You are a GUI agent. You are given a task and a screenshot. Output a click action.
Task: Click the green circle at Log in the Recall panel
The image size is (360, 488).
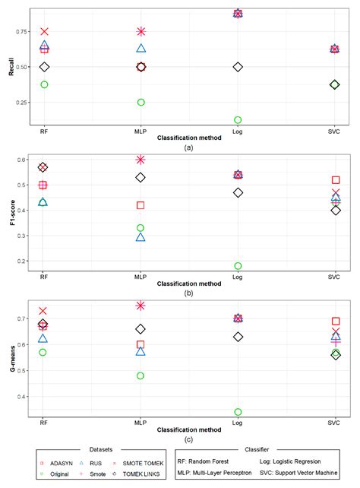pyautogui.click(x=238, y=120)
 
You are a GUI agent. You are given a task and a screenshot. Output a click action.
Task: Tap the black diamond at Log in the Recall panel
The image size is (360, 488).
pyautogui.click(x=238, y=67)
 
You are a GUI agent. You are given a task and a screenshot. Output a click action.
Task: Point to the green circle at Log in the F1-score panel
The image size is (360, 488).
pyautogui.click(x=238, y=266)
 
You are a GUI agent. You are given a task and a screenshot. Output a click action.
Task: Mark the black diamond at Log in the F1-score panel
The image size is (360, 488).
pyautogui.click(x=238, y=193)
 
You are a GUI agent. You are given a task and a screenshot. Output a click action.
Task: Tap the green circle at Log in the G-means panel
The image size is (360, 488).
pyautogui.click(x=238, y=412)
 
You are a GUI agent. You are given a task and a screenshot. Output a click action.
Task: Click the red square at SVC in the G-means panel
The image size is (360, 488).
pyautogui.click(x=335, y=322)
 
